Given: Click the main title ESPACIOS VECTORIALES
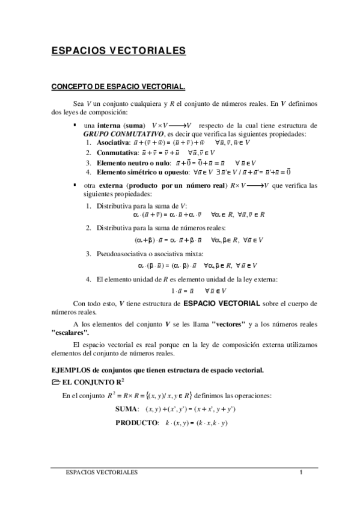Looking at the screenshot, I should click(x=118, y=52).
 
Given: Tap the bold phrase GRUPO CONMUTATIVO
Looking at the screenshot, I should click(x=121, y=133).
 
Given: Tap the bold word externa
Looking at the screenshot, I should click(x=109, y=186).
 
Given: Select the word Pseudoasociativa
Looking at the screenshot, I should click(x=123, y=253).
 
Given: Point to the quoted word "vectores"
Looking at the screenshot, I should click(x=229, y=324).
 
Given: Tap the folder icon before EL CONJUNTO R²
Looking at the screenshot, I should click(x=56, y=382).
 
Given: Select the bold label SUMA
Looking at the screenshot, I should click(x=127, y=409).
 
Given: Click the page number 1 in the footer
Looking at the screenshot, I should click(x=300, y=473).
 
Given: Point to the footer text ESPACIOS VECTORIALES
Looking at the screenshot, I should click(x=101, y=473).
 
